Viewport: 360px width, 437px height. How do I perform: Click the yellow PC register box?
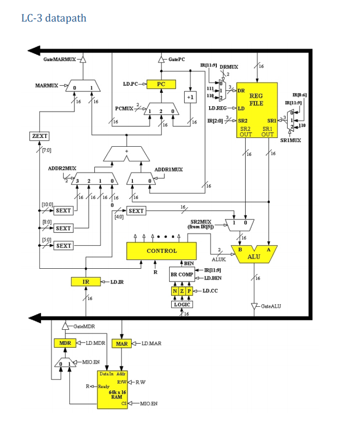tap(161, 84)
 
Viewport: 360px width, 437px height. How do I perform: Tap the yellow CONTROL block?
tap(162, 251)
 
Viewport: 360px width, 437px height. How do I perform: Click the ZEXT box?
tap(39, 136)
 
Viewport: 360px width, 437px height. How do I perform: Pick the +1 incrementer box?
tap(190, 96)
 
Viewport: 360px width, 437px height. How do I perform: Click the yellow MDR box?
tap(65, 343)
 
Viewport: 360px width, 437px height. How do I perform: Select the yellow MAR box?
tap(122, 343)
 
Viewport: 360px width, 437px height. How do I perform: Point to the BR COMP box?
tap(182, 274)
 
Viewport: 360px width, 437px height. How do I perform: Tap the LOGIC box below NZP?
tap(182, 304)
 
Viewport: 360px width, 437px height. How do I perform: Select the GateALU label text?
tap(271, 306)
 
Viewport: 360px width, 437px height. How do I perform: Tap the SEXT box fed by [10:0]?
tap(63, 211)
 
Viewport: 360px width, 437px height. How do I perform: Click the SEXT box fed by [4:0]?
tap(136, 211)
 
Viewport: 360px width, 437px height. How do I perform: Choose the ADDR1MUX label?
tap(168, 169)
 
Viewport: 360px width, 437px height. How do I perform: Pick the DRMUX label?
tap(229, 67)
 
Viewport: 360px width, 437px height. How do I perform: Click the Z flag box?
tap(182, 291)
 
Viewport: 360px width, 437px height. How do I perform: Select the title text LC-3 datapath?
tap(54, 18)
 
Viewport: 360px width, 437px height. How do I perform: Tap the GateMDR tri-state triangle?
tap(65, 326)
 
